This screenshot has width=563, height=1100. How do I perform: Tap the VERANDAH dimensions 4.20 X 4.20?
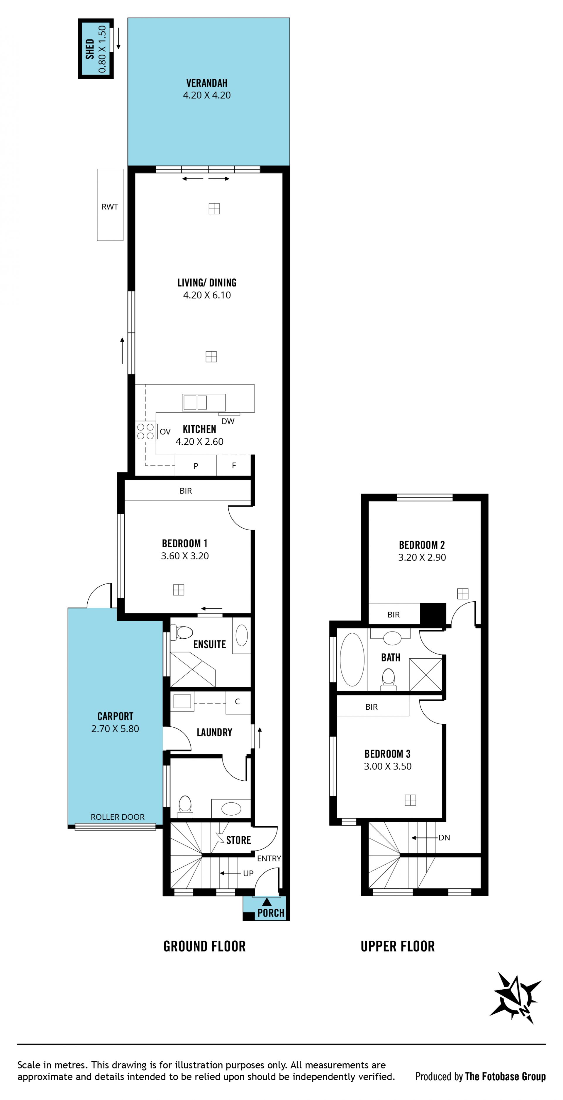[207, 95]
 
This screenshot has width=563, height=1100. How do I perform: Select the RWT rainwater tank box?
[110, 205]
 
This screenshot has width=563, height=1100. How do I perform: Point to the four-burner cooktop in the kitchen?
[146, 431]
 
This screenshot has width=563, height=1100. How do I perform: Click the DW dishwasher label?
[228, 421]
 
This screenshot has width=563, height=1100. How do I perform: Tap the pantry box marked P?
[196, 465]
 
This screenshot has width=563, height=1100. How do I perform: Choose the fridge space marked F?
[234, 465]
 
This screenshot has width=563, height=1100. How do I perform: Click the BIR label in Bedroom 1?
[186, 491]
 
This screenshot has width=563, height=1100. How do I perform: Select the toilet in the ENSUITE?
[183, 632]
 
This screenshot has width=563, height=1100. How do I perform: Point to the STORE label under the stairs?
[238, 840]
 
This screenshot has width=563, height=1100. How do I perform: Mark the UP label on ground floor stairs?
[248, 873]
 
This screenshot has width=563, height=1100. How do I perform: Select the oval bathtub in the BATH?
[352, 659]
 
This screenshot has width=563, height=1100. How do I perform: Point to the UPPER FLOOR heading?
[398, 946]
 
